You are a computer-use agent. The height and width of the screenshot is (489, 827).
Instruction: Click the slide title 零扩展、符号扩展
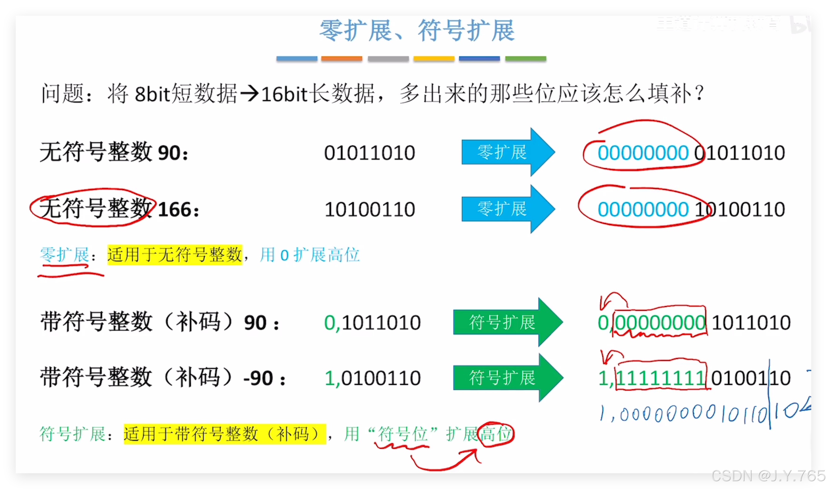417,30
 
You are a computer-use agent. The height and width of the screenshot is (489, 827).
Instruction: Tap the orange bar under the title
341,59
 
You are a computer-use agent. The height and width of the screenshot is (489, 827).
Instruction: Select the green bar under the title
525,59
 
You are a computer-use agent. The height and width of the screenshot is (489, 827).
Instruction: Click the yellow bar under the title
434,59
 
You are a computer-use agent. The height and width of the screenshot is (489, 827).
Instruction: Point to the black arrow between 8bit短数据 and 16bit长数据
249,94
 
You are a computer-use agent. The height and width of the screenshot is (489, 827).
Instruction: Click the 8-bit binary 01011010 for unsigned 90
369,153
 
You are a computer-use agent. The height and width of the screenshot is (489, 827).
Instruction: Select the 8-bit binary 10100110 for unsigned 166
369,210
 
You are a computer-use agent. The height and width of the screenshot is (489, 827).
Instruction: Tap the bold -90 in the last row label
258,378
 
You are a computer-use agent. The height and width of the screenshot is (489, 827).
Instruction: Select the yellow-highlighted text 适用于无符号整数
174,255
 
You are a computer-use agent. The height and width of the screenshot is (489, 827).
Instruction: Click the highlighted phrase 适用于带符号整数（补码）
225,434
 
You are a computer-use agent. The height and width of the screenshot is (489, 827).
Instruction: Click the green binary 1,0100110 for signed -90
373,378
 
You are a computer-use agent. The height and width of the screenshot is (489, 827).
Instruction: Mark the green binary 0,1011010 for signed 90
373,323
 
